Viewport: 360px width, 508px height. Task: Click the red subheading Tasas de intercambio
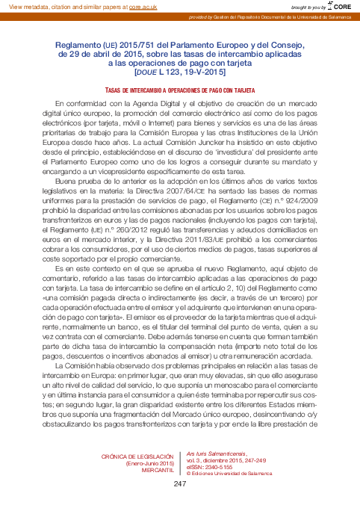[180, 89]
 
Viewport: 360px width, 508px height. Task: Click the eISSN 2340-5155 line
[210, 467]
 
